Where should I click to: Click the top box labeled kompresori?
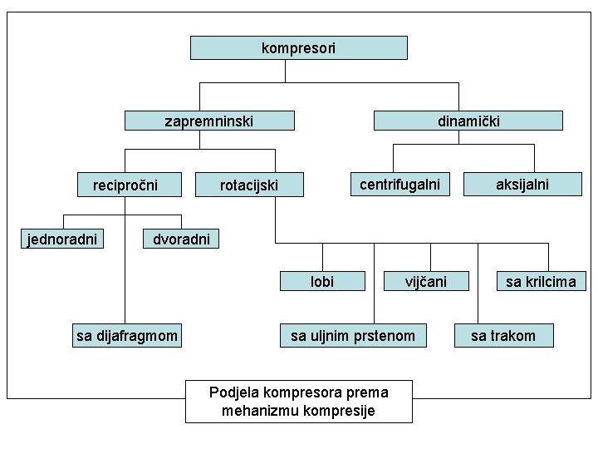tap(299, 47)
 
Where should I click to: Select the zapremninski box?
tap(209, 121)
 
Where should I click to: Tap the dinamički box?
tap(468, 121)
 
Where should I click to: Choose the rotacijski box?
tap(249, 184)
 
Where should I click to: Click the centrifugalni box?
tap(399, 183)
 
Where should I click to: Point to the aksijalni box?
tap(522, 183)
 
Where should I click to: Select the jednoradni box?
tap(62, 239)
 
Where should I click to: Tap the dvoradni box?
tap(182, 239)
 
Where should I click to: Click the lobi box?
tap(322, 282)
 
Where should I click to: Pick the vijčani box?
tap(426, 282)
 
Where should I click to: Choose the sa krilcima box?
tap(541, 282)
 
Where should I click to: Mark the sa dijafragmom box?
tap(127, 336)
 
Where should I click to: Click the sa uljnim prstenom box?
tap(353, 336)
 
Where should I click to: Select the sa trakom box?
tap(503, 336)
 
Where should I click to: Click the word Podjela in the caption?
tap(233, 392)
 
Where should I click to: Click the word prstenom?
tap(385, 336)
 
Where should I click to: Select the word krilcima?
tap(549, 282)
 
